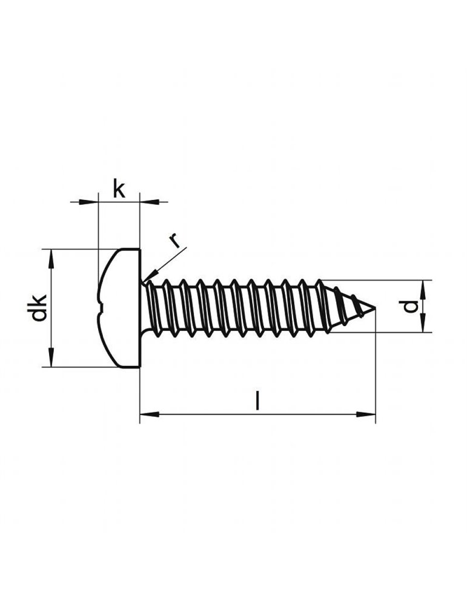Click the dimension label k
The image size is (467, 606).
click(119, 190)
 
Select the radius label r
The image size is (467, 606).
click(175, 241)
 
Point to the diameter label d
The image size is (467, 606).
click(411, 307)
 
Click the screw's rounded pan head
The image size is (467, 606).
click(120, 308)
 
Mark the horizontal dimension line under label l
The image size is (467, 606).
click(257, 415)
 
